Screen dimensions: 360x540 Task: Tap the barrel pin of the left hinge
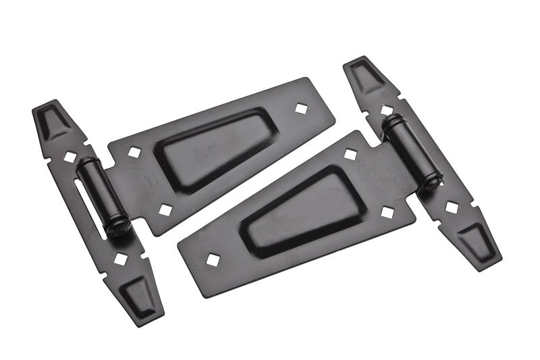[99, 195]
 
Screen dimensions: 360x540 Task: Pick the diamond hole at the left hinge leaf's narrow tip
[300, 107]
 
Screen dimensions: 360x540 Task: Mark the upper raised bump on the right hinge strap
[367, 76]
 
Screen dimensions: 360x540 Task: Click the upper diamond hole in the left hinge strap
[70, 157]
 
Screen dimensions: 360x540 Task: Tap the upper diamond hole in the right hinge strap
[387, 109]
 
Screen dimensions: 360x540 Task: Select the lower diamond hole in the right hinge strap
[452, 207]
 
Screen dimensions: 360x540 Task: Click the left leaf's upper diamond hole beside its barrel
[134, 153]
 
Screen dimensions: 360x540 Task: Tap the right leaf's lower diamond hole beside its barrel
[387, 212]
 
